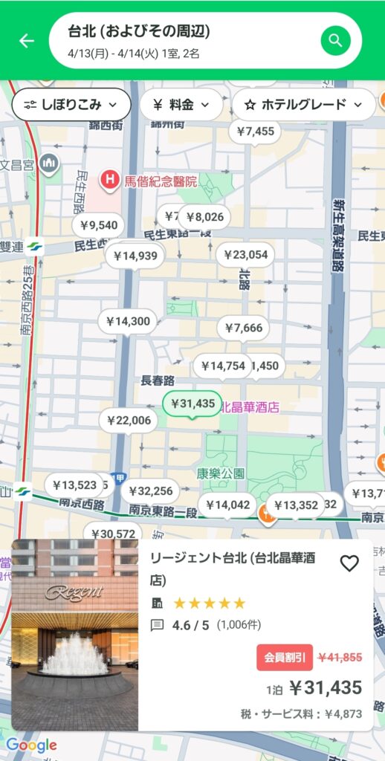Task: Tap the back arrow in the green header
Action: coord(27,41)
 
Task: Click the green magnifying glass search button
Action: coord(335,40)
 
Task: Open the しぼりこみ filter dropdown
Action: coord(71,105)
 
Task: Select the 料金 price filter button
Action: coord(181,105)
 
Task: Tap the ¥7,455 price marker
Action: coord(255,132)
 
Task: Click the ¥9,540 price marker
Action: coord(99,225)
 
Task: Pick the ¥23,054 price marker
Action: coord(245,255)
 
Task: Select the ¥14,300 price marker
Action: coord(128,322)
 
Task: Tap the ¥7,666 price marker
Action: coord(243,328)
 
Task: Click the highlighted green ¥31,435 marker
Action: coord(192,404)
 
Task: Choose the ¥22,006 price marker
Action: coord(129,421)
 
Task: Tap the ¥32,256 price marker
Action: coord(151,490)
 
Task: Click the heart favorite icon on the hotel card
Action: coord(349,563)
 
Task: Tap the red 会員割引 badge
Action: coord(285,657)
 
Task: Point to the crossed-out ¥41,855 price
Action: coord(340,657)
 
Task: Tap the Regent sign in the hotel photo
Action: coord(74,592)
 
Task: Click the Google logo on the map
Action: coord(31,745)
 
